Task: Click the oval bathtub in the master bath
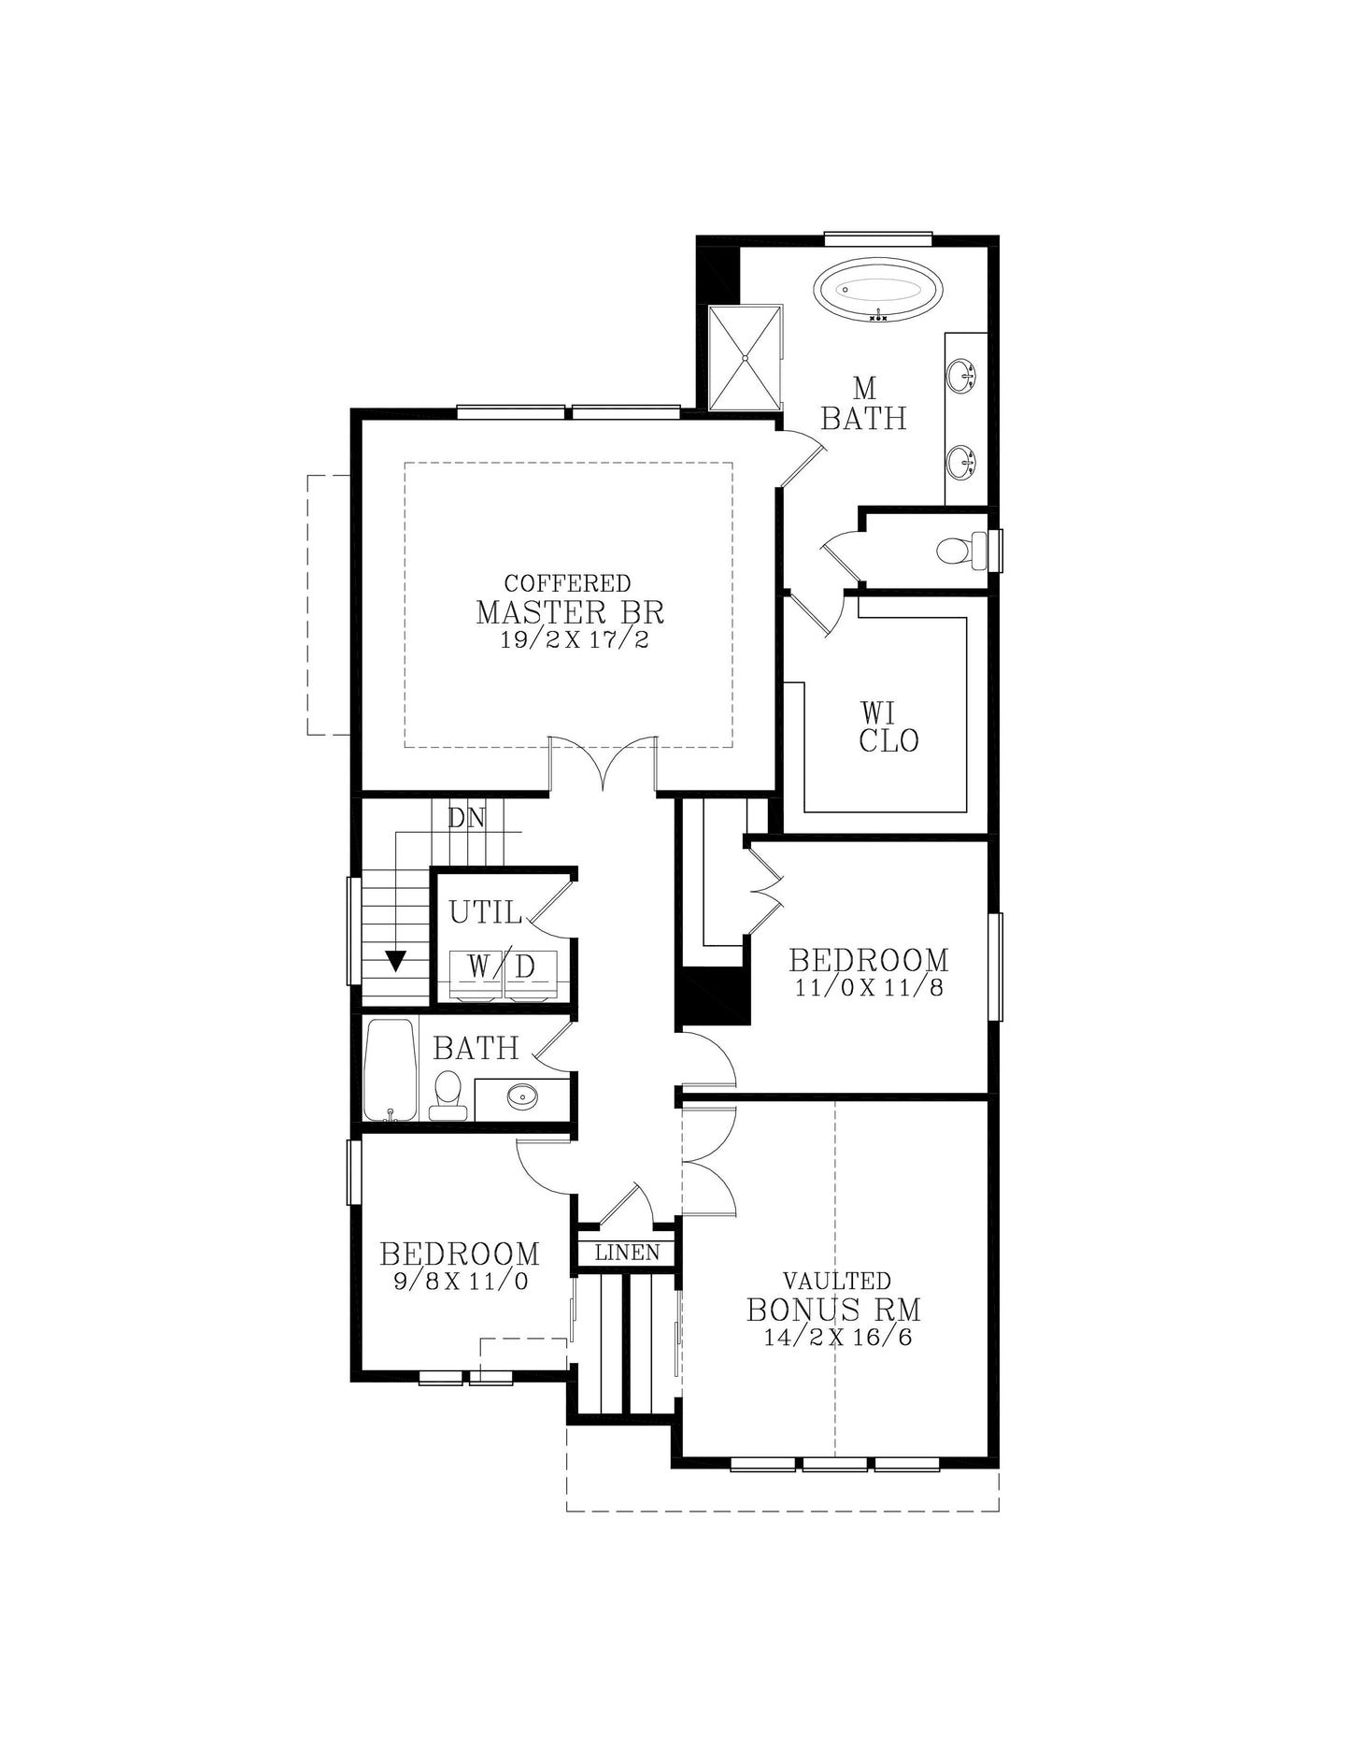point(877,291)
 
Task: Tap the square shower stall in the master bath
point(745,357)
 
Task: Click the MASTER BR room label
point(570,612)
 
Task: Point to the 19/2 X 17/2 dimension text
point(575,640)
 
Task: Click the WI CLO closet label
point(888,727)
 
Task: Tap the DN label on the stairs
point(466,818)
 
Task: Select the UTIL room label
point(485,912)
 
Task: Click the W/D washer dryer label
point(503,967)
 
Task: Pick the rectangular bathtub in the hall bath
point(390,1069)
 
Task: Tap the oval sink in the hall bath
point(523,1096)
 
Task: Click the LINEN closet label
point(627,1253)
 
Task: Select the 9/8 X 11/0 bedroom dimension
point(461,1282)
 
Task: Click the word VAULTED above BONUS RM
point(837,1281)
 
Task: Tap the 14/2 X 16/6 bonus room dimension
point(838,1338)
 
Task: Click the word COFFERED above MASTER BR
point(568,583)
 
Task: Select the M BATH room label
point(864,403)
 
